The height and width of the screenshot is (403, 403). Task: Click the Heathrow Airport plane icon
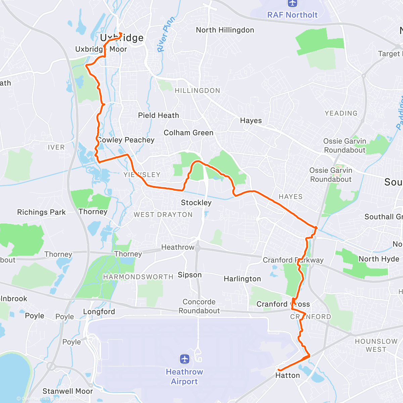pyautogui.click(x=184, y=359)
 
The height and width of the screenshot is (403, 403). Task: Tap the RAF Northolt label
pyautogui.click(x=292, y=15)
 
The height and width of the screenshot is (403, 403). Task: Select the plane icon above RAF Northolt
pyautogui.click(x=293, y=3)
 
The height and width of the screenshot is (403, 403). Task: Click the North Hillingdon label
pyautogui.click(x=225, y=30)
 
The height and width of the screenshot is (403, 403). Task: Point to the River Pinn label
pyautogui.click(x=166, y=35)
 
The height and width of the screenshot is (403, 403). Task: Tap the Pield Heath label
pyautogui.click(x=159, y=116)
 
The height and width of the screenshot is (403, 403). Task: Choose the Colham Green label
pyautogui.click(x=188, y=133)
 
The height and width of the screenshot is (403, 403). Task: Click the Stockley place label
pyautogui.click(x=196, y=203)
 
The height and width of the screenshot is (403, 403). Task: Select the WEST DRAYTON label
pyautogui.click(x=163, y=215)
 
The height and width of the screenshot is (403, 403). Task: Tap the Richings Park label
pyautogui.click(x=41, y=212)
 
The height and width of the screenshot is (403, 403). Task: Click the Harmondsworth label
pyautogui.click(x=138, y=277)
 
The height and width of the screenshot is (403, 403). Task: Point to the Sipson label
pyautogui.click(x=190, y=275)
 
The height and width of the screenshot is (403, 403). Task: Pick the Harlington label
pyautogui.click(x=242, y=279)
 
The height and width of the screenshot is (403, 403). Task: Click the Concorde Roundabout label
pyautogui.click(x=199, y=306)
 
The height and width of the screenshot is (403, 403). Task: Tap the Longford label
pyautogui.click(x=99, y=312)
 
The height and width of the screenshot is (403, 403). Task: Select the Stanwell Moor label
pyautogui.click(x=68, y=391)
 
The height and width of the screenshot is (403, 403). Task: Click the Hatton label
pyautogui.click(x=287, y=375)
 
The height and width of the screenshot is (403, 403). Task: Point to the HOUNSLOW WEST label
pyautogui.click(x=376, y=345)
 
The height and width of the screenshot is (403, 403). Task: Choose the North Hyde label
pyautogui.click(x=379, y=259)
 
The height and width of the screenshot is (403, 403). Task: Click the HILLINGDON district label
pyautogui.click(x=197, y=91)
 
